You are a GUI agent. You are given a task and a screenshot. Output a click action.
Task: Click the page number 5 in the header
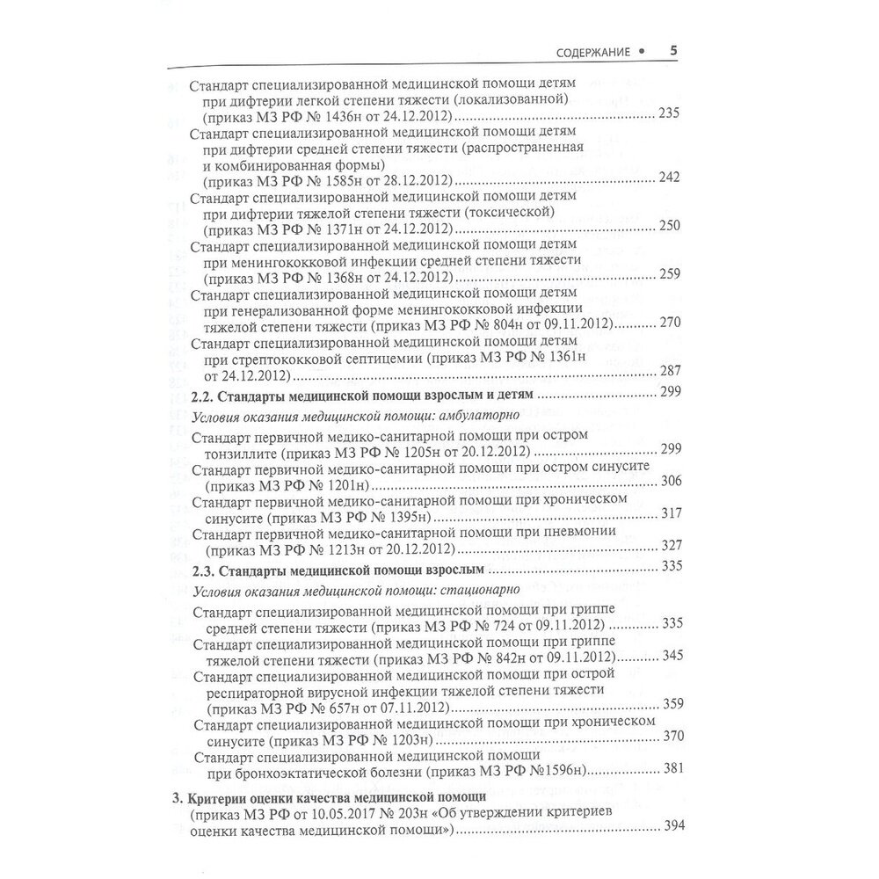672,51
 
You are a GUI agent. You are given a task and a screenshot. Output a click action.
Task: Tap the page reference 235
670,116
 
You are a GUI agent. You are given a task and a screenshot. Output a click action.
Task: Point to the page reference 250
670,227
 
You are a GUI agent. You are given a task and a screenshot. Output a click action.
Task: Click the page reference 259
670,275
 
